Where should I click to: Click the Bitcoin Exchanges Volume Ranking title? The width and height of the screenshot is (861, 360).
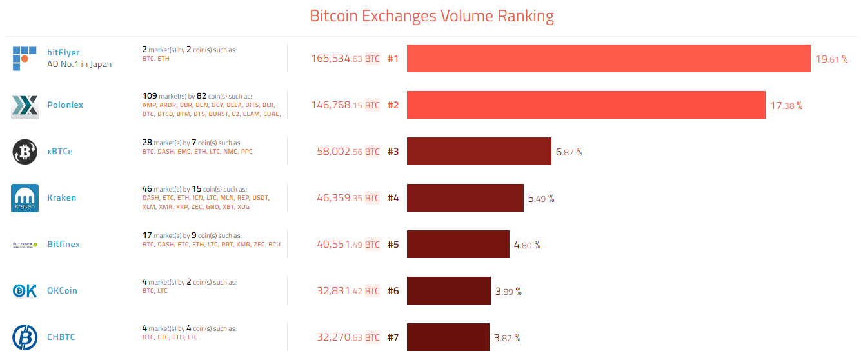(431, 16)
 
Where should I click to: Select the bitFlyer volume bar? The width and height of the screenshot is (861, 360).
(608, 59)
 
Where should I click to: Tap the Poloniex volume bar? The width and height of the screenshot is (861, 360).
(586, 105)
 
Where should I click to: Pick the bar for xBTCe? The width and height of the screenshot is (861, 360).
(479, 152)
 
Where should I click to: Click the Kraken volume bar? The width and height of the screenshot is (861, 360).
(465, 198)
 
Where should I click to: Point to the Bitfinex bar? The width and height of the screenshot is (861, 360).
(458, 245)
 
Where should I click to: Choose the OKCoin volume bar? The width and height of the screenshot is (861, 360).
(449, 291)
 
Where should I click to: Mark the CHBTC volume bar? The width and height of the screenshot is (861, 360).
(448, 337)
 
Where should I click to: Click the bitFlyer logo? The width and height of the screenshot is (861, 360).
(25, 58)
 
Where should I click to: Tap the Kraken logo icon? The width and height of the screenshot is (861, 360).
(25, 198)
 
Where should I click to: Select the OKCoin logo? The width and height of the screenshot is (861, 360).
(25, 291)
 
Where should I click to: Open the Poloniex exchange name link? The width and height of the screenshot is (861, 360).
(65, 105)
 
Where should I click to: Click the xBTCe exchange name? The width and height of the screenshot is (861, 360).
(60, 152)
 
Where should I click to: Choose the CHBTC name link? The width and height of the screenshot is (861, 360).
(61, 337)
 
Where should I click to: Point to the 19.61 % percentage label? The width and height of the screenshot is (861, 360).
(831, 59)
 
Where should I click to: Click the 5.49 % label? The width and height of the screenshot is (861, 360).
(540, 199)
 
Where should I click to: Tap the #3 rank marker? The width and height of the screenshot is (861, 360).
(393, 152)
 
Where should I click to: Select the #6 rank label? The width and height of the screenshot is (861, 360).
(393, 291)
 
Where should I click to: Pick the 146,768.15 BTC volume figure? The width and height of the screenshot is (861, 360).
(345, 105)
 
